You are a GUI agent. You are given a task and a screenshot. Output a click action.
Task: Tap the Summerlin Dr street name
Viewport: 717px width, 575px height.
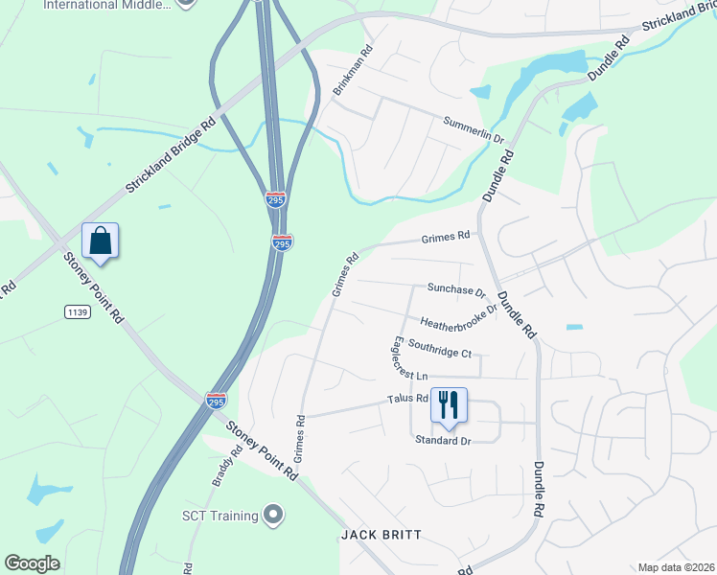[x=473, y=129]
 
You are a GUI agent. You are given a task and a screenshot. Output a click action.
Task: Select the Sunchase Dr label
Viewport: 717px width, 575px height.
[x=456, y=288]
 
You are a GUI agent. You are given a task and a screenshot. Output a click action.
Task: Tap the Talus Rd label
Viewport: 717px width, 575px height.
[x=406, y=399]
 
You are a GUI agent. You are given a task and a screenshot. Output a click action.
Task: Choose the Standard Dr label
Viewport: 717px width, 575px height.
[x=444, y=440]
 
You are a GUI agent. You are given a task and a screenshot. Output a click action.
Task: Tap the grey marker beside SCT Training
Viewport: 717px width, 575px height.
[x=273, y=516]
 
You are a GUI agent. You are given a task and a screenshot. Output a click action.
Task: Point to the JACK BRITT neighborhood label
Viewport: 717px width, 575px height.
[x=381, y=534]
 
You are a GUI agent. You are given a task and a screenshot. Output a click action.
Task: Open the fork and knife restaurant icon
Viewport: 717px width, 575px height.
[x=448, y=405]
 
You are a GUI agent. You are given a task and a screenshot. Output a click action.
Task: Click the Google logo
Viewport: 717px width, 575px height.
[x=32, y=563]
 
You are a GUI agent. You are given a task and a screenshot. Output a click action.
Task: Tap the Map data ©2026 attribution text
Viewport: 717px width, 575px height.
[x=676, y=567]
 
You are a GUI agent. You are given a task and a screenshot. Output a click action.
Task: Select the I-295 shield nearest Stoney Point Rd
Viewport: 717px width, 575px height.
[x=217, y=401]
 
